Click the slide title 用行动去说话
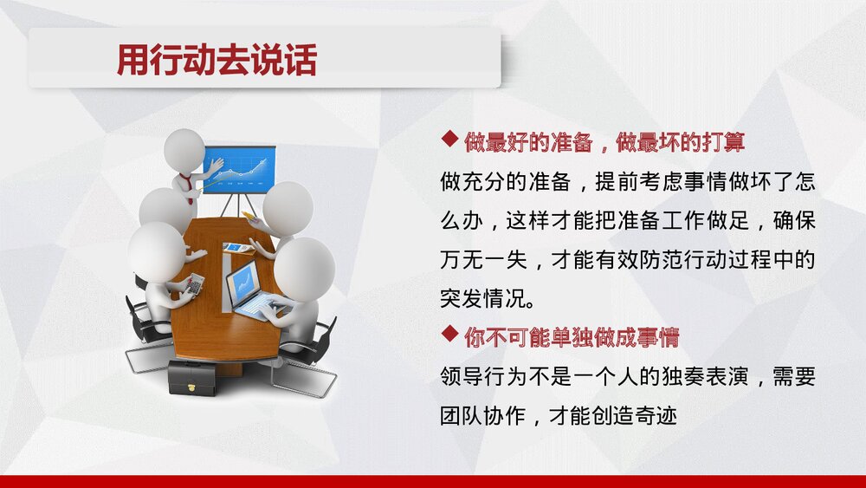[x=216, y=60]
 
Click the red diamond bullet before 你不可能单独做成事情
[x=449, y=334]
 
